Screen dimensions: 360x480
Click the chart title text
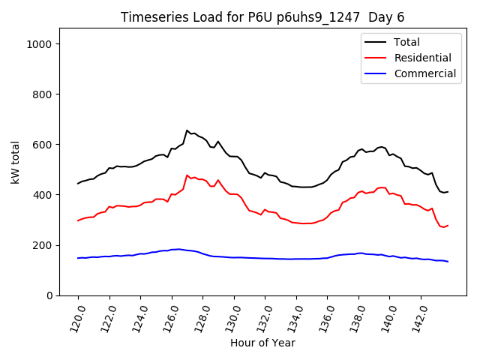coord(262,17)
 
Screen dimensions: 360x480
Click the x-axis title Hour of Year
coord(262,343)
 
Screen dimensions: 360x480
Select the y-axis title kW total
coord(15,160)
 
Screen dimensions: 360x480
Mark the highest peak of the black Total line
coord(187,130)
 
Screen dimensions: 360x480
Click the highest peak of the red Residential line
coord(187,175)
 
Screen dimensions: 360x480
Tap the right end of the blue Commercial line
coord(448,262)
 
